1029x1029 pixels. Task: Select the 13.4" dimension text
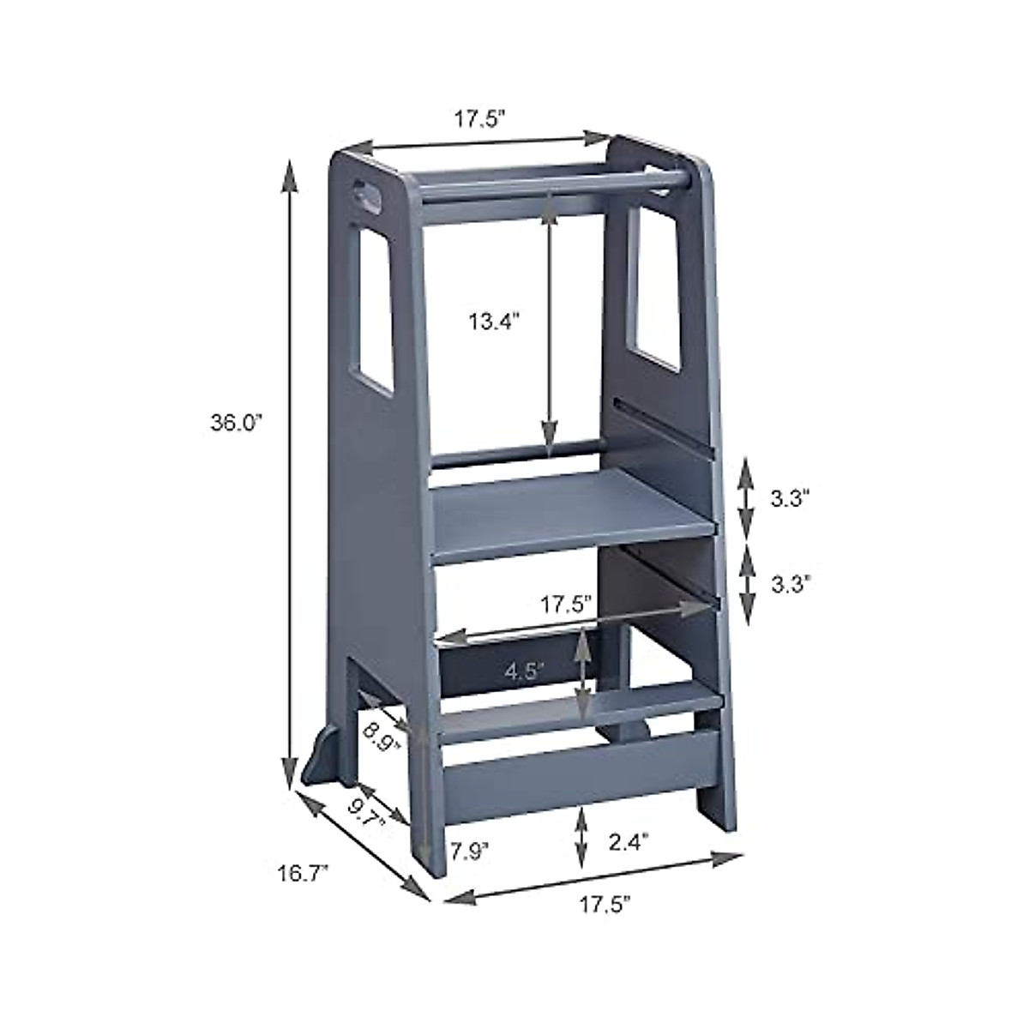[x=496, y=322]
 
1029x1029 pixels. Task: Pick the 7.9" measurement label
[x=470, y=851]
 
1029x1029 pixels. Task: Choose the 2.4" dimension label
[x=629, y=842]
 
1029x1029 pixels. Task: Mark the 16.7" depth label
[x=302, y=874]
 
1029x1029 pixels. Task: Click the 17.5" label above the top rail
[x=478, y=119]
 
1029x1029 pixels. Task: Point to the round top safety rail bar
[x=549, y=183]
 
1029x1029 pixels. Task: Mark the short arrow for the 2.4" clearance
[x=582, y=835]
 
